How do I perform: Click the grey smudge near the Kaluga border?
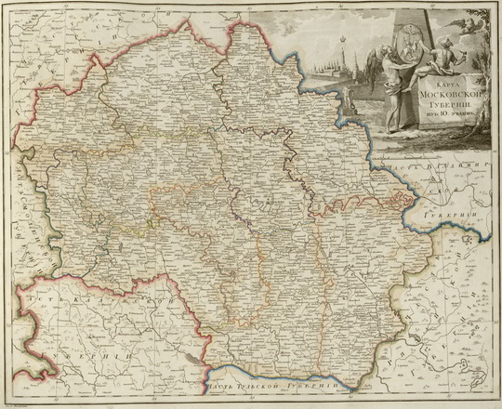point(190,355)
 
